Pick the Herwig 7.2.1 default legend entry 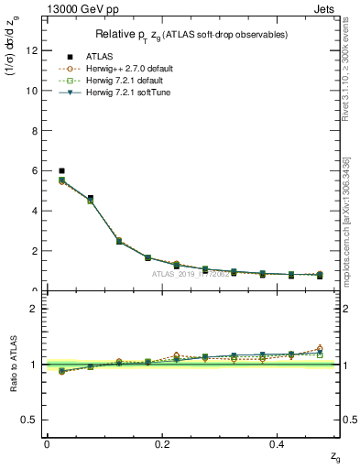(x=130, y=81)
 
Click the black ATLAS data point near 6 (x=61, y=170)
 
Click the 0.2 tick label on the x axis (x=163, y=444)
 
